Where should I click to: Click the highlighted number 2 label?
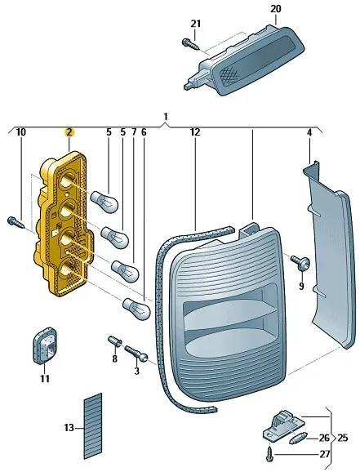[69, 131]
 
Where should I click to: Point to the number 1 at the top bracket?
[166, 117]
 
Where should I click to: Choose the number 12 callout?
[194, 131]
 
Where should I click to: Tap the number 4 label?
[309, 131]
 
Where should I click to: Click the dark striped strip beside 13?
[93, 425]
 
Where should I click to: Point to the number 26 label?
[324, 438]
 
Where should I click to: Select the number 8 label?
[114, 358]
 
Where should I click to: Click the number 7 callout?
[134, 131]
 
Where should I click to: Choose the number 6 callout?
[144, 131]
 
